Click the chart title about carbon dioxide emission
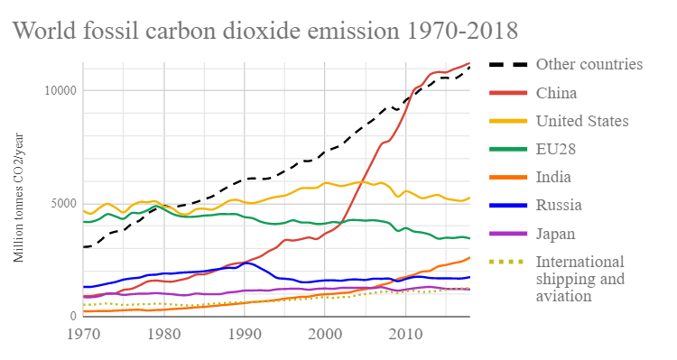pos(264,31)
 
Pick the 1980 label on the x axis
pos(162,334)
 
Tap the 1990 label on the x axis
pos(244,334)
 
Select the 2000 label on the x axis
pos(324,334)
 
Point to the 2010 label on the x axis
pos(405,334)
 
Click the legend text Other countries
pos(589,64)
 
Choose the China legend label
pos(556,93)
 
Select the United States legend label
pos(582,121)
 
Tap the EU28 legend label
pos(557,149)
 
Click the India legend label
pos(553,178)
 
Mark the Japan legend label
pos(556,234)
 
